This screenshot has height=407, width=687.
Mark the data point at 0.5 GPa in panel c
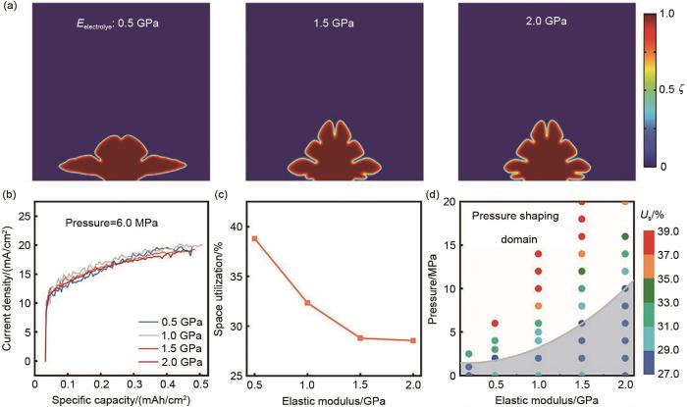[x=254, y=238]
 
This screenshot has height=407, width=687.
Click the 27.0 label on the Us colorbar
[x=669, y=374]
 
